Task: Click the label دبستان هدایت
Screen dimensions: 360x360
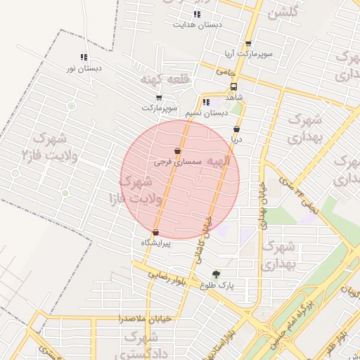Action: pyautogui.click(x=198, y=24)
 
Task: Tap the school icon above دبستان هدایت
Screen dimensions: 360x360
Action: pyautogui.click(x=196, y=14)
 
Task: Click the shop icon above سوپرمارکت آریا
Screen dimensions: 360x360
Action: pyautogui.click(x=248, y=44)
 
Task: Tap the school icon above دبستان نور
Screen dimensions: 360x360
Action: pyautogui.click(x=84, y=57)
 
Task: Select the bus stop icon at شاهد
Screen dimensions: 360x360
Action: pyautogui.click(x=233, y=87)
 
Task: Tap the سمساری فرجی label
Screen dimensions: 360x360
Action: pyautogui.click(x=177, y=161)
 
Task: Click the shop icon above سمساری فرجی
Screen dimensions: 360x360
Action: pyautogui.click(x=177, y=150)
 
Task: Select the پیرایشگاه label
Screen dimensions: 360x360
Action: pyautogui.click(x=156, y=242)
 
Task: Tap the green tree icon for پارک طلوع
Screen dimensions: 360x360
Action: pyautogui.click(x=215, y=274)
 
